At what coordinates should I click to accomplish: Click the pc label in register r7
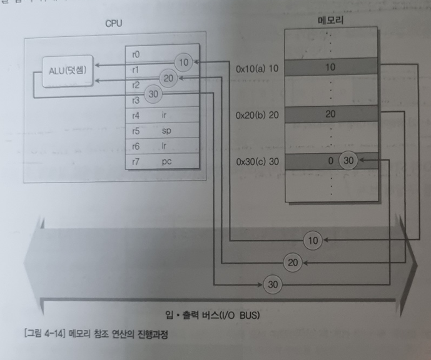click(x=166, y=162)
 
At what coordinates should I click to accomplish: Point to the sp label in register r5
click(x=166, y=131)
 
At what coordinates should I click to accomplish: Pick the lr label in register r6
click(x=165, y=146)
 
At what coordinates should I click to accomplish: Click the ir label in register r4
click(x=165, y=116)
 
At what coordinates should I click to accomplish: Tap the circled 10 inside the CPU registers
click(x=183, y=62)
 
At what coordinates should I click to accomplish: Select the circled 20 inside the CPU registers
click(x=167, y=79)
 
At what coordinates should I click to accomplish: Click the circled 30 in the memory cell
click(x=349, y=161)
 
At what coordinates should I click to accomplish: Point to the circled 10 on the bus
click(x=313, y=239)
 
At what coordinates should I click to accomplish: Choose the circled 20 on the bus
click(x=292, y=262)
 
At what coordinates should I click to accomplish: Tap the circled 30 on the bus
click(x=271, y=284)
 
